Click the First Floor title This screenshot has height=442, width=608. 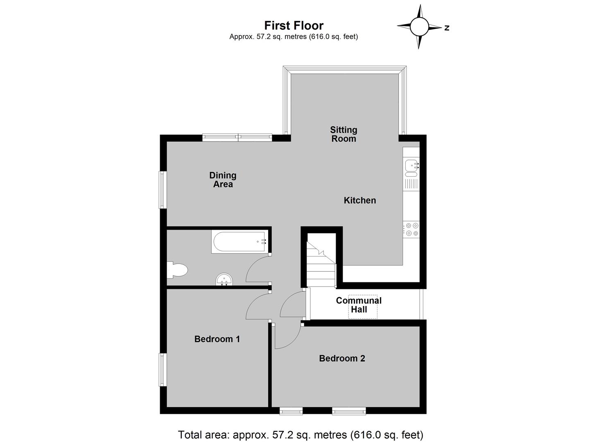coord(294,26)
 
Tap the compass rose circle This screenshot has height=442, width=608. coord(419,27)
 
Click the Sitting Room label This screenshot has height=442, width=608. coord(344,134)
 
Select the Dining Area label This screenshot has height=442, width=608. coord(223,180)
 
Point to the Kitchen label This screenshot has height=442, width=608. coord(360,201)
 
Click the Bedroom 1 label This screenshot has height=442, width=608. coord(217,339)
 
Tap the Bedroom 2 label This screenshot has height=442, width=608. coord(342,359)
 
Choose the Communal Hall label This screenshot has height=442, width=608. coord(359,305)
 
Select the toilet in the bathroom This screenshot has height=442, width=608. coord(177,270)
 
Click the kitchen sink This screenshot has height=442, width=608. coord(411,166)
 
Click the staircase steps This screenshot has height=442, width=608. coord(321,264)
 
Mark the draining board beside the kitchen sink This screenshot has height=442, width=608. coord(411,184)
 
